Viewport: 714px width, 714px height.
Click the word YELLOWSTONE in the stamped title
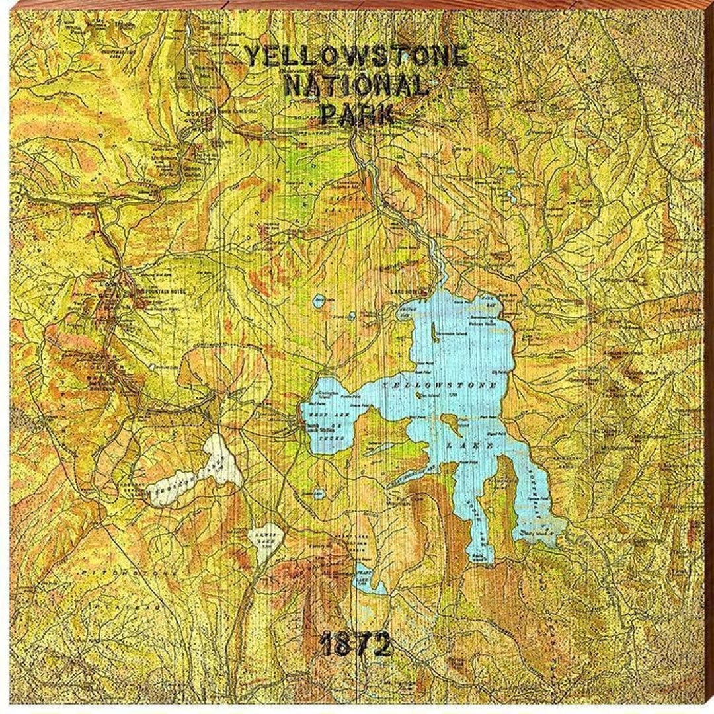[x=356, y=57]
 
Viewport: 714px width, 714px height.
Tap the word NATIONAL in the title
[x=355, y=86]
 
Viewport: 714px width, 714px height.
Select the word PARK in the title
[x=356, y=114]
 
